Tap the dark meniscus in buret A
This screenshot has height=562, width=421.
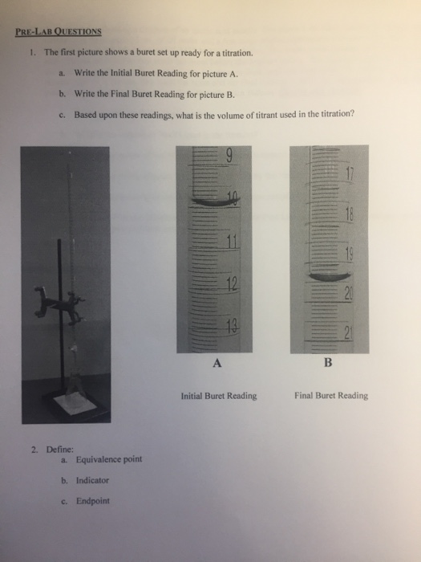click(x=213, y=202)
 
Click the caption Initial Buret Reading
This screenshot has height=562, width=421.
click(x=219, y=395)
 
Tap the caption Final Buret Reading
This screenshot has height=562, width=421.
click(x=331, y=395)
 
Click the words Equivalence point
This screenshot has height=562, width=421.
click(x=109, y=460)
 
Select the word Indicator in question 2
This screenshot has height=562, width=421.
click(x=92, y=480)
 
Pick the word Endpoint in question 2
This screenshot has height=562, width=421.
click(x=93, y=501)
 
